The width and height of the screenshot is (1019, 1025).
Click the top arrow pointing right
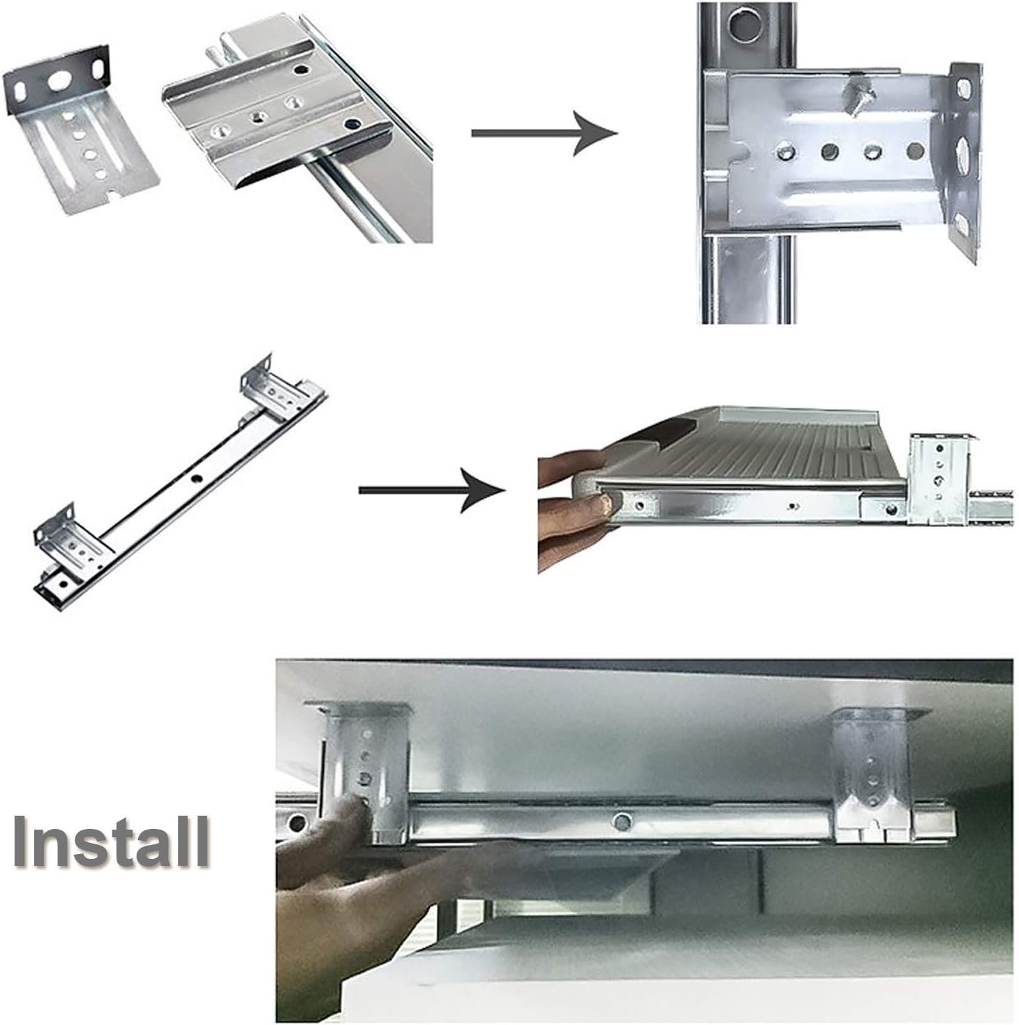(544, 133)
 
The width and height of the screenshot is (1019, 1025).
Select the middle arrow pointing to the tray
(431, 490)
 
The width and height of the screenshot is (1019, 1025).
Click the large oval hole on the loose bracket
(59, 80)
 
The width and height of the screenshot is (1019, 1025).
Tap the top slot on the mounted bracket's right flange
(963, 89)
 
